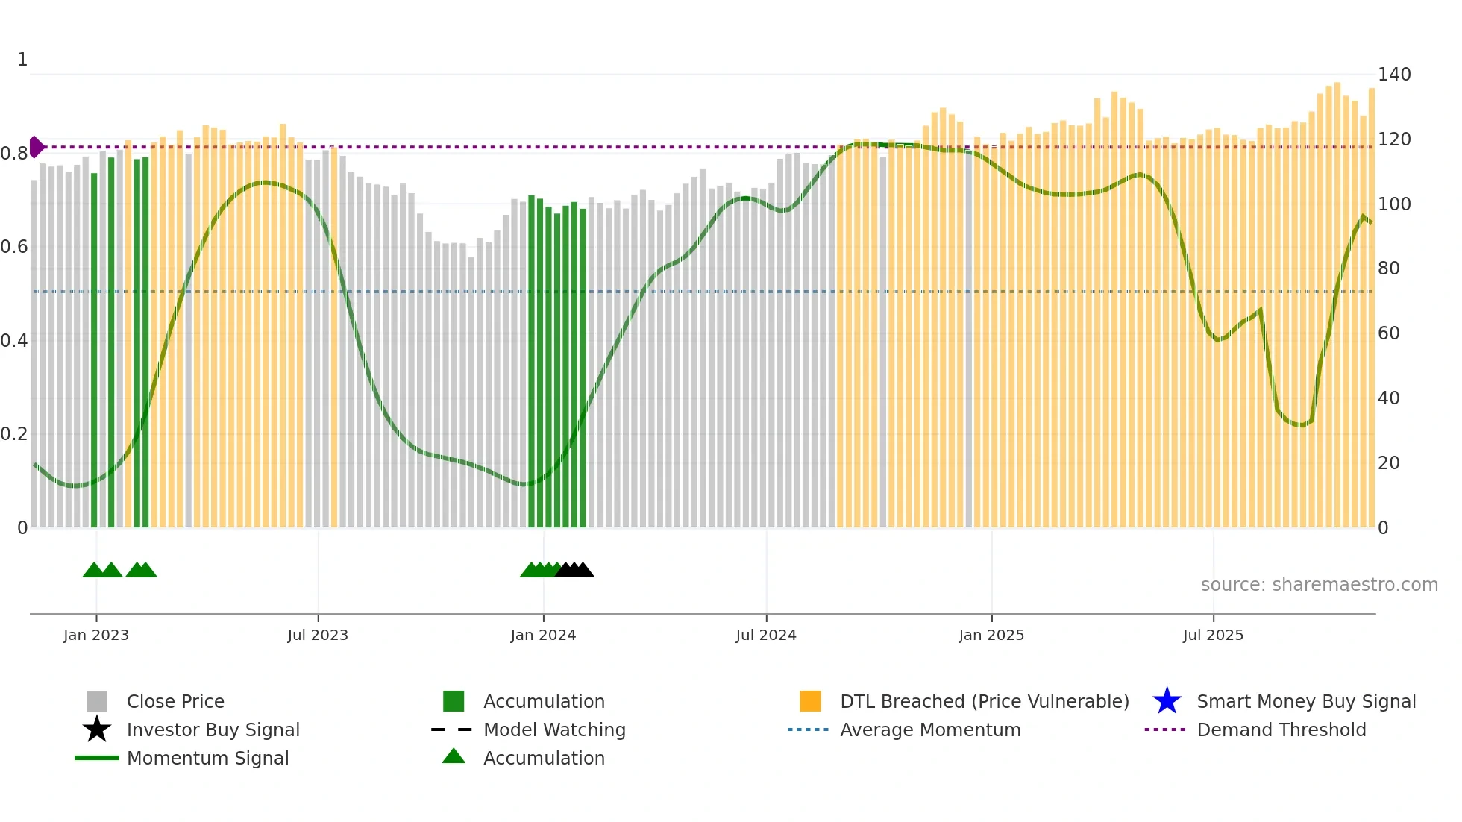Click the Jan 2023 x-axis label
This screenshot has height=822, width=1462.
point(96,635)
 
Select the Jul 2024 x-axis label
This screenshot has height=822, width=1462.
point(766,635)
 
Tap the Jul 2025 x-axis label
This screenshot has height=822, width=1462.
point(1213,635)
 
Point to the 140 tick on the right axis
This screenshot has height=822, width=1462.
point(1393,75)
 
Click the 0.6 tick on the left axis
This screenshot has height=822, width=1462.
point(14,247)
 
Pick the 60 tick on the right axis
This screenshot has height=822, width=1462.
point(1388,333)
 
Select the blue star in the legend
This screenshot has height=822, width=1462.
point(1167,701)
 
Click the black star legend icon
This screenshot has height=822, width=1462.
point(97,730)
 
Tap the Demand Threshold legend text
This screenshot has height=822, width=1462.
point(1281,730)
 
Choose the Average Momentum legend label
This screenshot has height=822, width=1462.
point(930,730)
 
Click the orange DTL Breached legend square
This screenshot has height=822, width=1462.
point(810,701)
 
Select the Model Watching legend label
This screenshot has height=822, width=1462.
point(554,730)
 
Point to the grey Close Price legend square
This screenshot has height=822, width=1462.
point(97,701)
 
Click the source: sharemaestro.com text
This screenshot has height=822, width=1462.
point(1319,585)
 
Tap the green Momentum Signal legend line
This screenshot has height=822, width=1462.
point(97,758)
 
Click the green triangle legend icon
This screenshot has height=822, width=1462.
point(454,756)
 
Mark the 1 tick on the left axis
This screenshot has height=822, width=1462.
point(22,60)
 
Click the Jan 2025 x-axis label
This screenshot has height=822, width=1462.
point(991,635)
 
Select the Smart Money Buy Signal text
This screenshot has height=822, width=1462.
point(1306,701)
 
